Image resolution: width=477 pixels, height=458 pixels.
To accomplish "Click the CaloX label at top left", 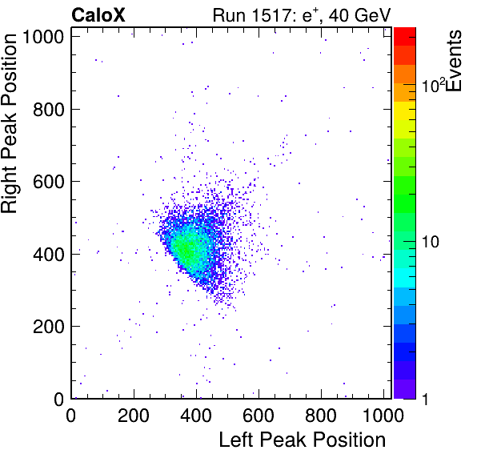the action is coord(98,15).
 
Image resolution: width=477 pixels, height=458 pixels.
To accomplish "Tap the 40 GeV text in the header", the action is coord(360,15).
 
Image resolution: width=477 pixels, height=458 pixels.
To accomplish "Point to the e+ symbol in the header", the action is coord(310,15).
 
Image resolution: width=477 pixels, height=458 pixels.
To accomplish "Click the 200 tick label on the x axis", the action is coord(133,415).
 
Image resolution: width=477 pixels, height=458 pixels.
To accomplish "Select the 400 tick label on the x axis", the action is coord(196,415).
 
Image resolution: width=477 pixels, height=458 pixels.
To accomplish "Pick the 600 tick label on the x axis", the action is coord(259,415).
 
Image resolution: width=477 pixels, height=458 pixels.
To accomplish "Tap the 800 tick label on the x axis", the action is coord(321,415).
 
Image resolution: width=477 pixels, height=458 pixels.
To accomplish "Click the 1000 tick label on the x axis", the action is coord(383,415).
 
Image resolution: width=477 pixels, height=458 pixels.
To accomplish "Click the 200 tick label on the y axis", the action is coord(49,327).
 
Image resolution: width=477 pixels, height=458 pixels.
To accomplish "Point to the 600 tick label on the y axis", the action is coord(49,182).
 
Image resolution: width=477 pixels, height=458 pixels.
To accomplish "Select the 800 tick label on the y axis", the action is coord(49,109).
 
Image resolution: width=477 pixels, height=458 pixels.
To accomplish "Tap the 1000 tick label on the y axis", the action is coord(43,37).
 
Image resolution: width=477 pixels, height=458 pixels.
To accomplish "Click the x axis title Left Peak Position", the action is coord(303,440).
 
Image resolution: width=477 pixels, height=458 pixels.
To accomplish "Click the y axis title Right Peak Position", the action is coord(9,123).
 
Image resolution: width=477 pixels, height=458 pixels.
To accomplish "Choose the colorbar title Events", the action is coord(454,61).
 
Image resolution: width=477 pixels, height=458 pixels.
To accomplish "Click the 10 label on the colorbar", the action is coord(430,243).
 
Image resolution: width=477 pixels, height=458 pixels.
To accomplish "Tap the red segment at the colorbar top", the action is coord(405,37).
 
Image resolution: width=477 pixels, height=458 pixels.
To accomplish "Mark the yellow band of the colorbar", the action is coord(405,110).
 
